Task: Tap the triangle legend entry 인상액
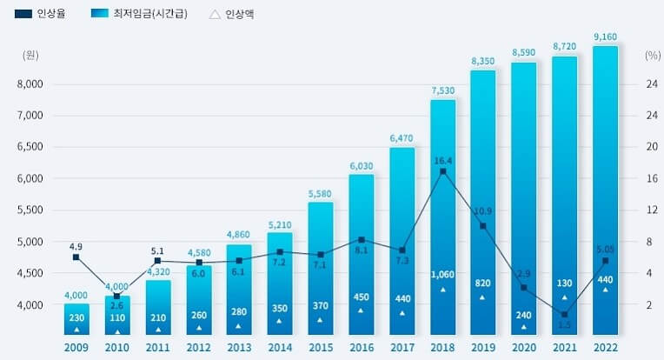(233, 15)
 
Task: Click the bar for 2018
(443, 217)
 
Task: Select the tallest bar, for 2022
(606, 191)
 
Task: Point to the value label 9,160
(606, 37)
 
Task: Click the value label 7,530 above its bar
(443, 90)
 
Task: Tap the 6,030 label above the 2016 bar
(362, 165)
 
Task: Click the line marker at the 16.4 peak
(443, 171)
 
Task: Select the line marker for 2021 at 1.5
(565, 314)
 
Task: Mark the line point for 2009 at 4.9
(76, 257)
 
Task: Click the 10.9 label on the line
(483, 211)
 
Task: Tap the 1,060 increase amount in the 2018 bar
(443, 275)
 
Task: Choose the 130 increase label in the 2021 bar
(565, 283)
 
